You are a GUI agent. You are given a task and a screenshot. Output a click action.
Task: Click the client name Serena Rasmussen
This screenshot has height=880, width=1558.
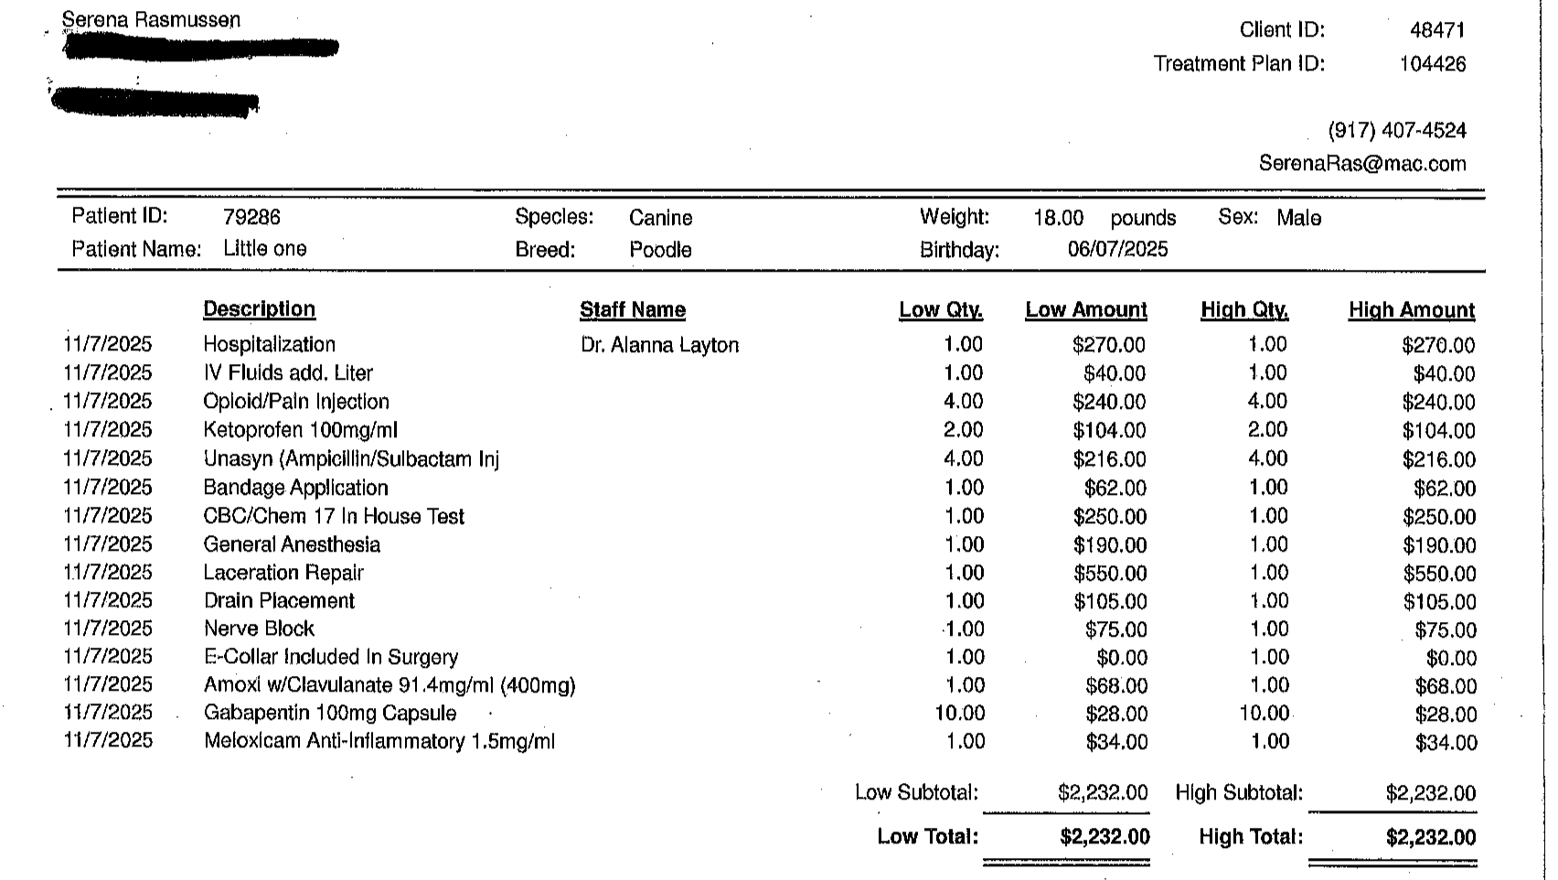click(151, 19)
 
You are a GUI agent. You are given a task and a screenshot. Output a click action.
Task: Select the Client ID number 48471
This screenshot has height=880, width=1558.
click(1437, 30)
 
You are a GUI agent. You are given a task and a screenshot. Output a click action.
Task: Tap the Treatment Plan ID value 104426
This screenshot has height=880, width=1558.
click(1432, 64)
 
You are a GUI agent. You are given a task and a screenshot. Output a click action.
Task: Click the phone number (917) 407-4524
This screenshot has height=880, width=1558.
click(1396, 131)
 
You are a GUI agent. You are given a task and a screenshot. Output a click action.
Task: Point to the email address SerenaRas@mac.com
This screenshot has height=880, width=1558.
click(1361, 164)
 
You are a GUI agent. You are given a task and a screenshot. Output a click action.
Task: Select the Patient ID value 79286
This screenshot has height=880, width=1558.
click(251, 218)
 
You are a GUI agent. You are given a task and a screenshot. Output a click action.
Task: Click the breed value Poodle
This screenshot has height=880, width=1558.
click(660, 250)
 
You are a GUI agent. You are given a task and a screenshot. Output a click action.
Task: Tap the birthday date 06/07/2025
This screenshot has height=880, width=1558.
click(1117, 250)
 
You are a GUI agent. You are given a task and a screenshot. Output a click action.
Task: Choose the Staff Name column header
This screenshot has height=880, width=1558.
click(632, 310)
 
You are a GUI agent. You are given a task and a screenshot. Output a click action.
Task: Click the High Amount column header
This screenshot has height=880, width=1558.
click(1411, 310)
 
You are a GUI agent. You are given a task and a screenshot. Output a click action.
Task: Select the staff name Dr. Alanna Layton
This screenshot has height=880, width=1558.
click(659, 345)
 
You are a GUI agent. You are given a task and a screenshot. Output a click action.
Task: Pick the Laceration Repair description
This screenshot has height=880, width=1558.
click(283, 573)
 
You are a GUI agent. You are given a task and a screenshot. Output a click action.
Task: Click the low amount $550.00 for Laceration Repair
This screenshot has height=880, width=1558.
click(1109, 574)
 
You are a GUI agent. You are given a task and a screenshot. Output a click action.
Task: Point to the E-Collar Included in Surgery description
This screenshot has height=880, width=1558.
click(330, 657)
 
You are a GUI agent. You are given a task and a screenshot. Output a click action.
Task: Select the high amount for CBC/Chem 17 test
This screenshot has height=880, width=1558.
click(1438, 517)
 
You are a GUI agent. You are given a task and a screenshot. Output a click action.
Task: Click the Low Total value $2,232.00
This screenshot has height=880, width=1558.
click(1104, 837)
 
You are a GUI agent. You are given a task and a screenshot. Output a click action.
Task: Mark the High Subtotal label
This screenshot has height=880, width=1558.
click(1239, 793)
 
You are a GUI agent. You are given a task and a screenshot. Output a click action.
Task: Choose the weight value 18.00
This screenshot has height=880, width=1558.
click(1058, 218)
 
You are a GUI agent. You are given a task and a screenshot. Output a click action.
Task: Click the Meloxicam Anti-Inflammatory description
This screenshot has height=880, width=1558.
click(379, 741)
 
